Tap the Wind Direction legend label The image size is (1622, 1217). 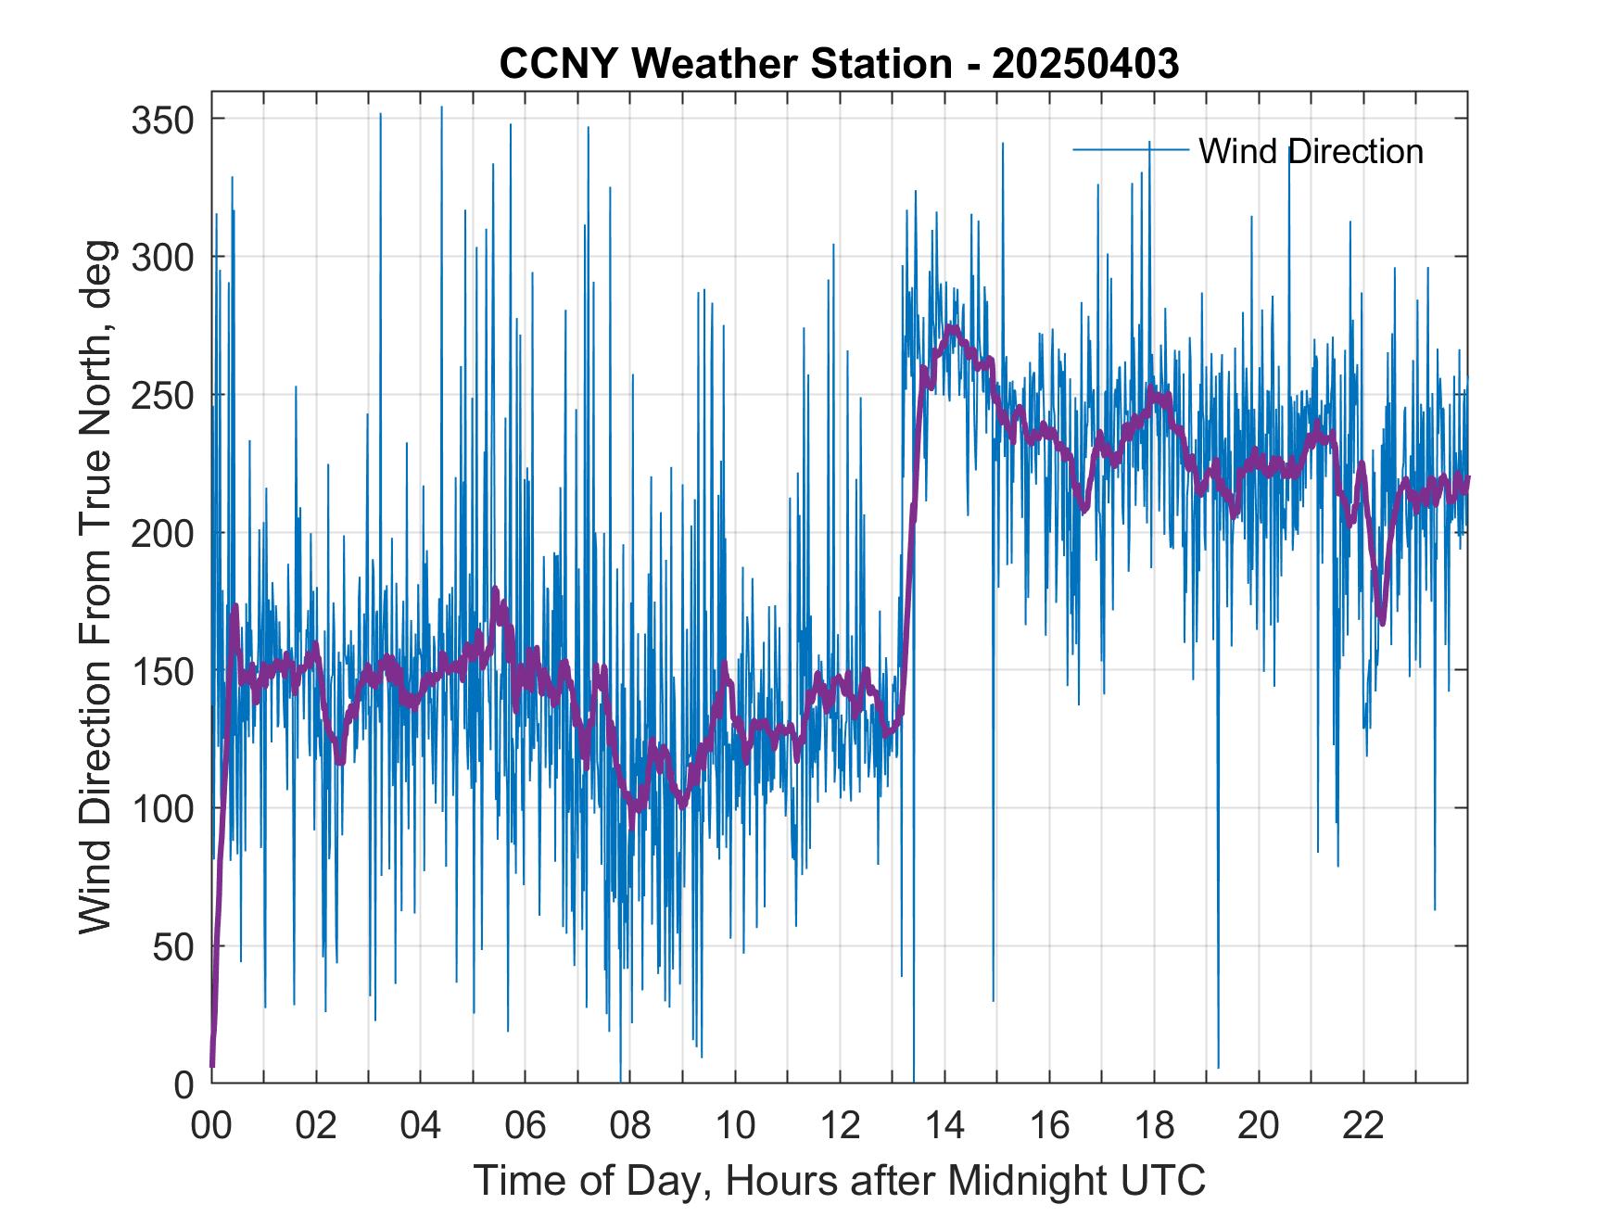click(1311, 151)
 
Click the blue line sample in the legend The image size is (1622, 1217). click(1131, 149)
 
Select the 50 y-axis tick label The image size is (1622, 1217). click(173, 946)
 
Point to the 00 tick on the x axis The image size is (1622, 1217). click(211, 1127)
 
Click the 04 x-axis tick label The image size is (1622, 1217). click(421, 1127)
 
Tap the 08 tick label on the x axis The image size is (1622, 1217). click(630, 1127)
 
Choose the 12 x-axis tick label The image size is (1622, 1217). click(840, 1127)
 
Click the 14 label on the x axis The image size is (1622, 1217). click(944, 1127)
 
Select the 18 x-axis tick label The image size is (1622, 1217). click(1154, 1127)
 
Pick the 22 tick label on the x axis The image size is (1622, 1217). click(1363, 1127)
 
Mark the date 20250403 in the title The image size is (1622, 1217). click(1085, 64)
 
